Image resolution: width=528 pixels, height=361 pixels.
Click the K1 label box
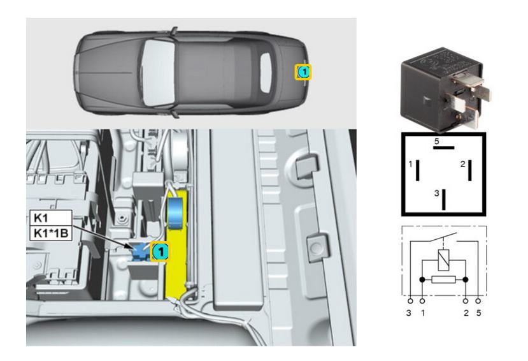[51, 217]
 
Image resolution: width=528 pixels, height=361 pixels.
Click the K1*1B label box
[51, 233]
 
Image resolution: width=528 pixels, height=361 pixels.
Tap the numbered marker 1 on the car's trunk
[303, 72]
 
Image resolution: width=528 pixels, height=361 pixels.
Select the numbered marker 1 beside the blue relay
[161, 251]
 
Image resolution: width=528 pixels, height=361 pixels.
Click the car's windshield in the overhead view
[157, 72]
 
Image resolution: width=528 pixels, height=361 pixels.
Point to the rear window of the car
[266, 73]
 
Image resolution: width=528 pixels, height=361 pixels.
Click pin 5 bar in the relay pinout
[443, 147]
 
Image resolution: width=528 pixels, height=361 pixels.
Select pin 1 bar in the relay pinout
[418, 170]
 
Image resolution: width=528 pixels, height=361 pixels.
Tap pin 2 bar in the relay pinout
[470, 170]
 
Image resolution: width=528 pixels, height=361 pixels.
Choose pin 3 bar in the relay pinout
[444, 200]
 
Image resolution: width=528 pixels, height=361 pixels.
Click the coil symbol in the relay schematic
[443, 260]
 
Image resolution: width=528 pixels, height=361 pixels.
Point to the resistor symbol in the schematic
[443, 279]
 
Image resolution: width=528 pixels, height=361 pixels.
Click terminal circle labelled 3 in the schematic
[410, 300]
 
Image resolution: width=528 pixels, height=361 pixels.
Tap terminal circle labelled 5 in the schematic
[478, 300]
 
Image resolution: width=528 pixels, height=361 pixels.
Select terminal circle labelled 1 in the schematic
[422, 300]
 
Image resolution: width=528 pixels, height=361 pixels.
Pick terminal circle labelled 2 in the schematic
[466, 300]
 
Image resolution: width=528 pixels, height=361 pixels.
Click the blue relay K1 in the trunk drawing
[140, 252]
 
